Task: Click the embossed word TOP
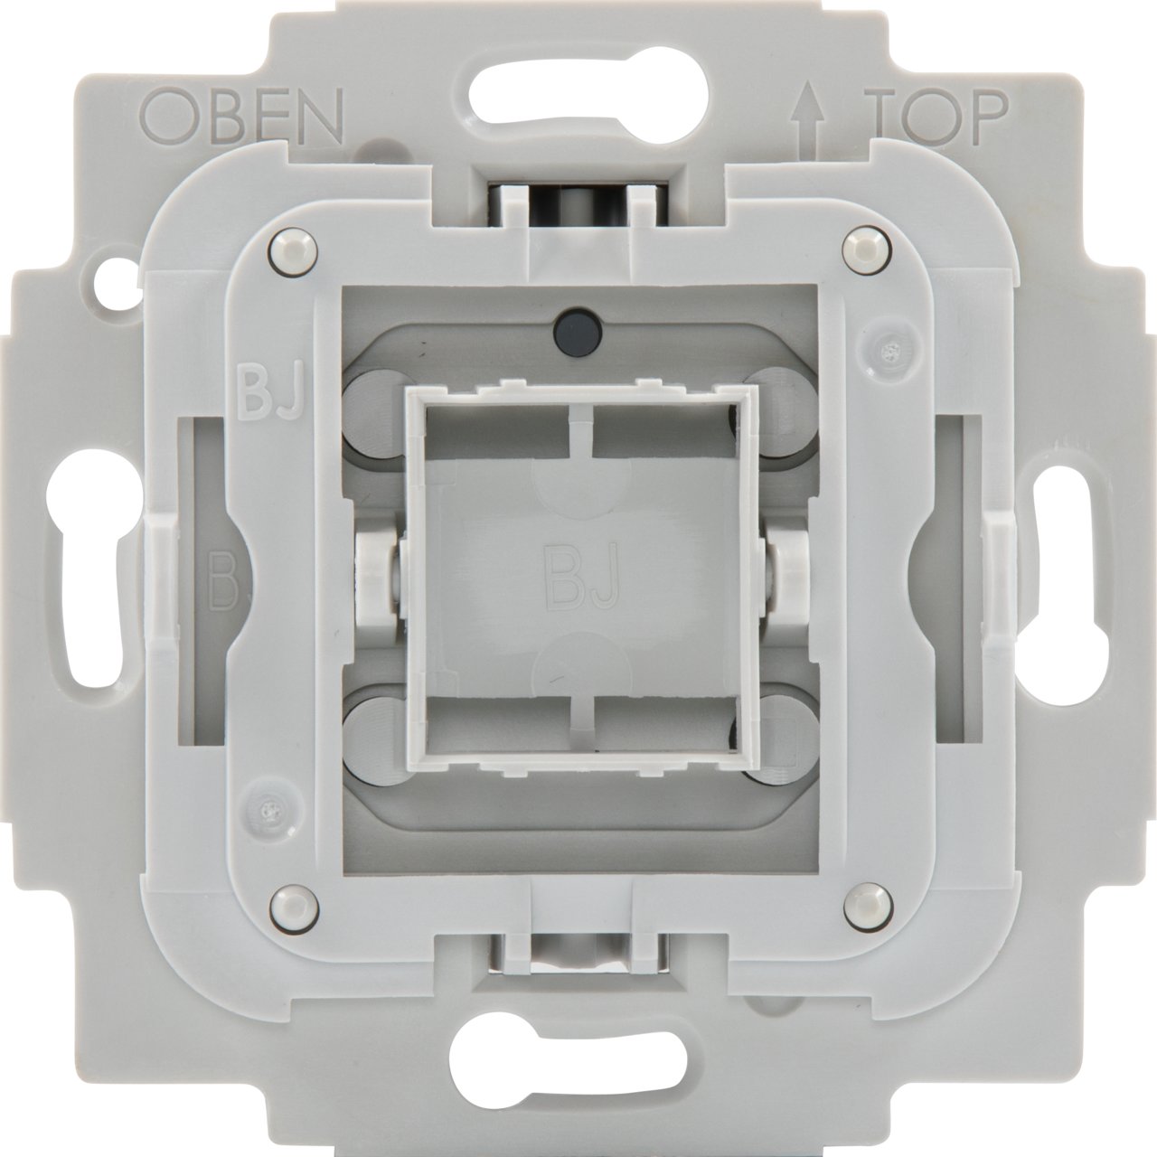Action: (x=936, y=116)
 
